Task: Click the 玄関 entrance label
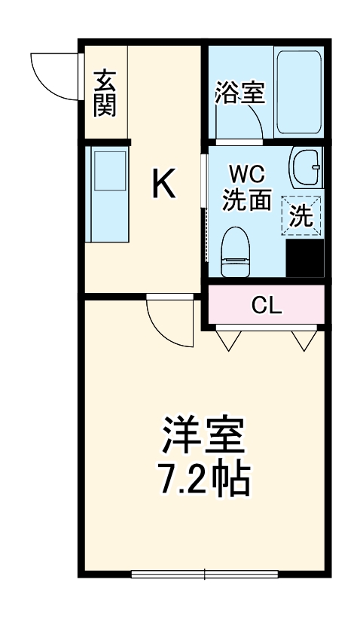tap(105, 93)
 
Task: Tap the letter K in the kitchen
tap(164, 183)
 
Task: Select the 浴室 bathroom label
tap(239, 93)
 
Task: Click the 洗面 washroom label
tap(246, 200)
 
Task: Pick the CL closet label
tap(267, 305)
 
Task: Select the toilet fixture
tap(235, 252)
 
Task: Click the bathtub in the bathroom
tap(298, 91)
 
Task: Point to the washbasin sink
tap(304, 168)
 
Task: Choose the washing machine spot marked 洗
tap(301, 216)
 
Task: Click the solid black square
tap(306, 258)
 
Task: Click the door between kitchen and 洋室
tap(169, 320)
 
